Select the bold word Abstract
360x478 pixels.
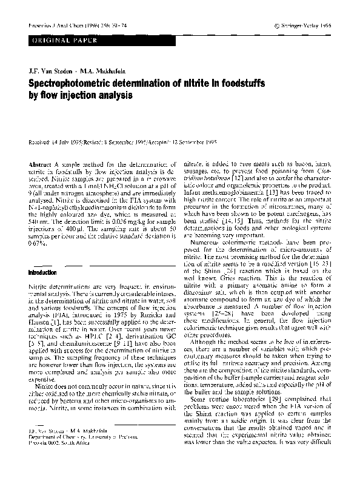pyautogui.click(x=40, y=164)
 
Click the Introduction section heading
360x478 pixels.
pyautogui.click(x=42, y=272)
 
